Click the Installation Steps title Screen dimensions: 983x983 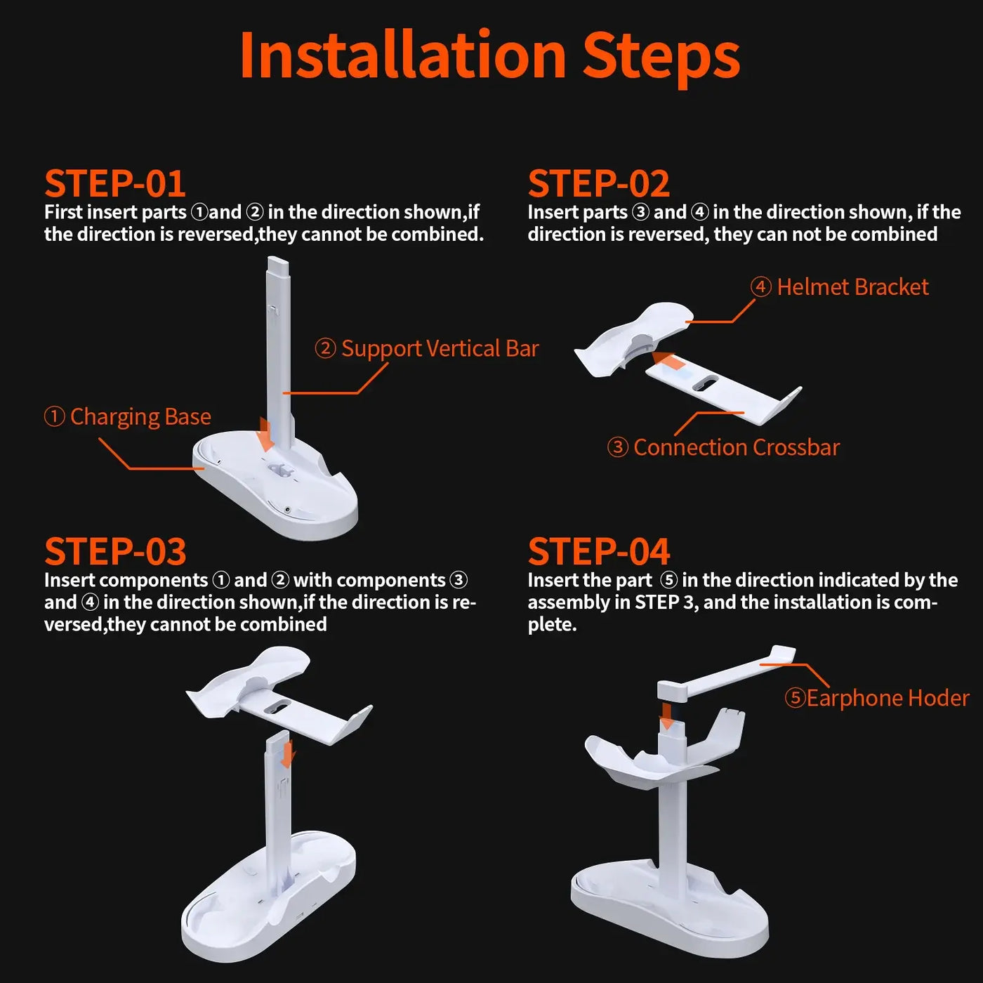click(489, 56)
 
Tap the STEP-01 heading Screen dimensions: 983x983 click(114, 184)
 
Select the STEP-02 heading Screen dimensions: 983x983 click(598, 184)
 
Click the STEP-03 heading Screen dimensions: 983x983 click(115, 552)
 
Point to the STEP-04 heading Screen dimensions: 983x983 click(599, 552)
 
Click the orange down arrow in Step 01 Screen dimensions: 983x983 click(265, 435)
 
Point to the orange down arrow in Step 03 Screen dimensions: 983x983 click(287, 755)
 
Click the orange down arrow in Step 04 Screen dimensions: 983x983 click(667, 716)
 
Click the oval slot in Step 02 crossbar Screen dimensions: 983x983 click(705, 384)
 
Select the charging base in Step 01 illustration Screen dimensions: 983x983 click(281, 491)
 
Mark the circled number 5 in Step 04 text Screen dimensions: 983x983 click(668, 580)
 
